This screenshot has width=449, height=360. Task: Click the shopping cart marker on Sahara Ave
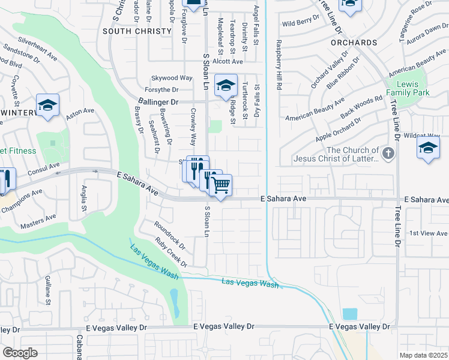(221, 185)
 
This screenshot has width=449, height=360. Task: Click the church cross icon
(388, 154)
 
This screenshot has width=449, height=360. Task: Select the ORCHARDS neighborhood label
(358, 43)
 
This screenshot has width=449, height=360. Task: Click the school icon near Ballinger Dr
(226, 85)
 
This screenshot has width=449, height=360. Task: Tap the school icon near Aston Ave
(47, 105)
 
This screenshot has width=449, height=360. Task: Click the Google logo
(20, 353)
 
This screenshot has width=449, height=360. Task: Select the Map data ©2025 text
(423, 355)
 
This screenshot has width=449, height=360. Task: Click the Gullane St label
(47, 289)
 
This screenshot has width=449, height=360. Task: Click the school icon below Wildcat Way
(428, 149)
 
